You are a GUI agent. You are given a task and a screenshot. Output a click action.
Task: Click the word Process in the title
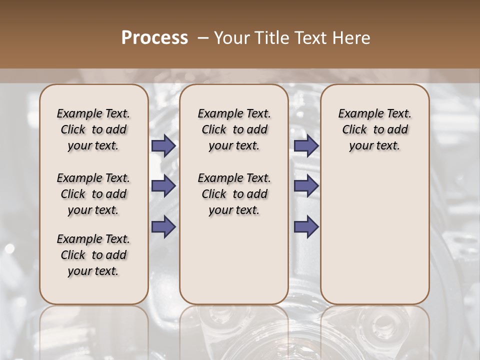(154, 38)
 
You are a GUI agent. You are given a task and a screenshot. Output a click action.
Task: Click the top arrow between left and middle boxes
(163, 145)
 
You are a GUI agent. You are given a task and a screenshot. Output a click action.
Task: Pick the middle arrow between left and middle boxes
(163, 186)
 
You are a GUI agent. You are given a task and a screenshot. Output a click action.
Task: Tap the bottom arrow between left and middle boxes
(163, 226)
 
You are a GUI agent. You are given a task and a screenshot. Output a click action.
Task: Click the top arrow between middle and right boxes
(306, 145)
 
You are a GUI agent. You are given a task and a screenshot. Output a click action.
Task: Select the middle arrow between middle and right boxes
(306, 186)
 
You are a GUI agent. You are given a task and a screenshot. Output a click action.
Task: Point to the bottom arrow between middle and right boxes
(306, 226)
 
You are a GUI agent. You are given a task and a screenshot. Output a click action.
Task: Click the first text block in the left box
(93, 129)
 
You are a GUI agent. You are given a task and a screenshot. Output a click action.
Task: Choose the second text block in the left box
(93, 194)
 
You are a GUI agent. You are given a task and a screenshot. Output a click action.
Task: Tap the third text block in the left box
(93, 255)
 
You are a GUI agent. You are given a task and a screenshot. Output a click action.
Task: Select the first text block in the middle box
(234, 129)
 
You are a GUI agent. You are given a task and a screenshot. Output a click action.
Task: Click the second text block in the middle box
(234, 194)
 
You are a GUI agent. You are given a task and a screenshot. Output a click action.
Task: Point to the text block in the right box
(374, 129)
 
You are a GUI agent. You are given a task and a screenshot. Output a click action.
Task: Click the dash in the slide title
(202, 38)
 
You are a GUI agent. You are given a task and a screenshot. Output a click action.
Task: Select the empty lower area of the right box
(374, 230)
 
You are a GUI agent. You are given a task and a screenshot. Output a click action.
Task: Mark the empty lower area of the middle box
(234, 260)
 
